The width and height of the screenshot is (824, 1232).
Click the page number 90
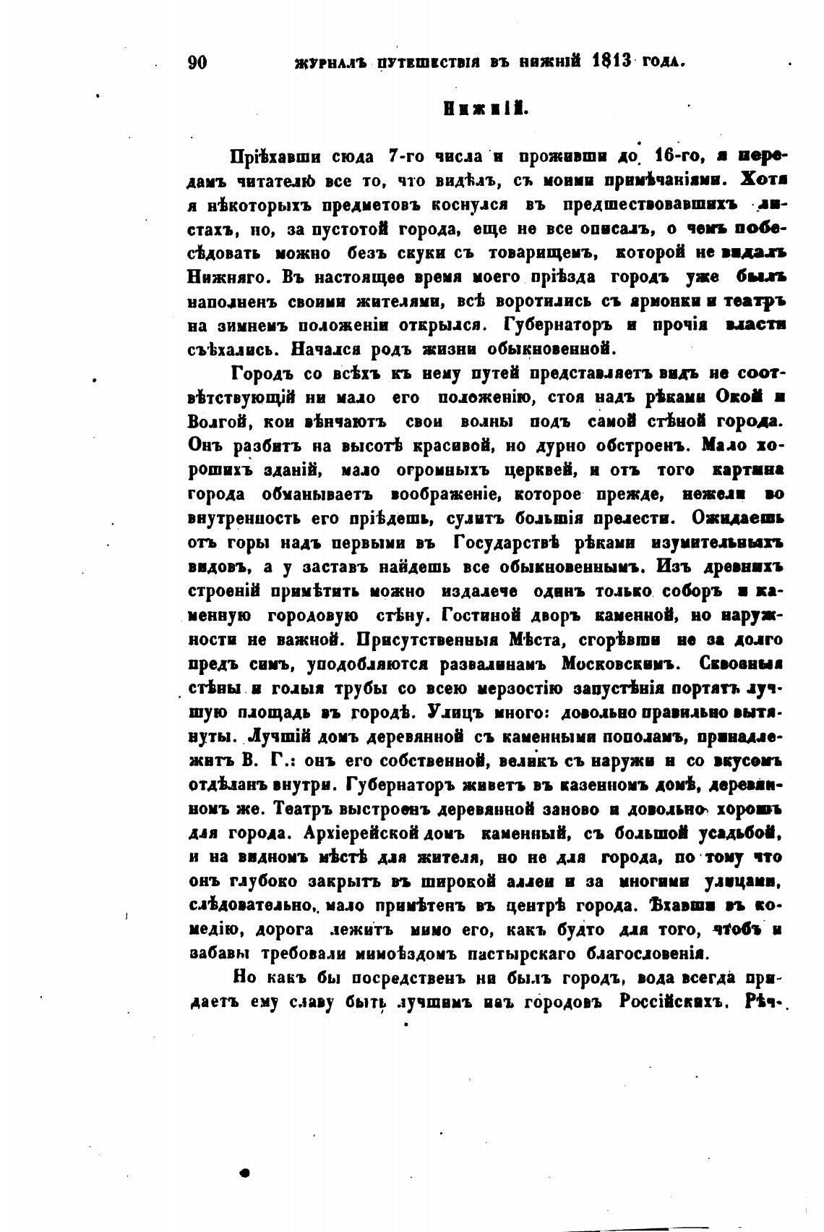tap(197, 62)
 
